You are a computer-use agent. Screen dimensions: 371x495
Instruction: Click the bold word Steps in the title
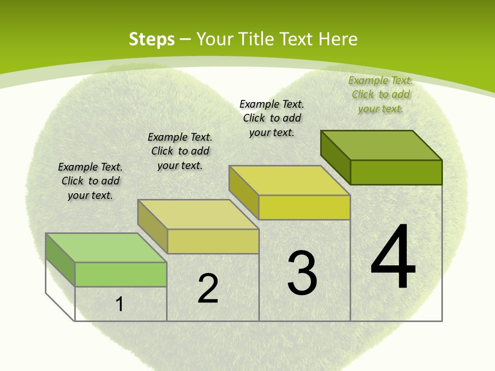coord(152,39)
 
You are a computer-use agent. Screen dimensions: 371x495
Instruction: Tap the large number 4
coord(393,257)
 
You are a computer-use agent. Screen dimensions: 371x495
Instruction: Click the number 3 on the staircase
coord(302,273)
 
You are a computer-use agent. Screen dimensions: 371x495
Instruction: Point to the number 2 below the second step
coord(208,289)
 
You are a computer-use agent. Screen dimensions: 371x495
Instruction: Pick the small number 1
coord(120,304)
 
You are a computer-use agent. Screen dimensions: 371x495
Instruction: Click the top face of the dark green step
coord(382,145)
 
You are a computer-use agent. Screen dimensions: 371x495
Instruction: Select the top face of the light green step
coord(106,248)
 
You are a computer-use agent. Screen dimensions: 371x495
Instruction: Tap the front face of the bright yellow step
coord(304,207)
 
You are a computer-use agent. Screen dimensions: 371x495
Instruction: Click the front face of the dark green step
coord(396,172)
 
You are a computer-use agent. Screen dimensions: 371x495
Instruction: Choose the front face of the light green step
coord(121,274)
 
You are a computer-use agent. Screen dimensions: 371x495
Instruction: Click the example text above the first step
coord(90,181)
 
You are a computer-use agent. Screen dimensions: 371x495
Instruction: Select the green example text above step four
coord(381,94)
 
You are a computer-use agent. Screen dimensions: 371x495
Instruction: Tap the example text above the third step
coord(272,118)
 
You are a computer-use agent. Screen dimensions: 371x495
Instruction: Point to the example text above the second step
coord(180,151)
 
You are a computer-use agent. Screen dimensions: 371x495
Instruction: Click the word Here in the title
coord(338,39)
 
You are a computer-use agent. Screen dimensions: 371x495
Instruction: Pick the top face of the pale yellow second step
coord(198,214)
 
